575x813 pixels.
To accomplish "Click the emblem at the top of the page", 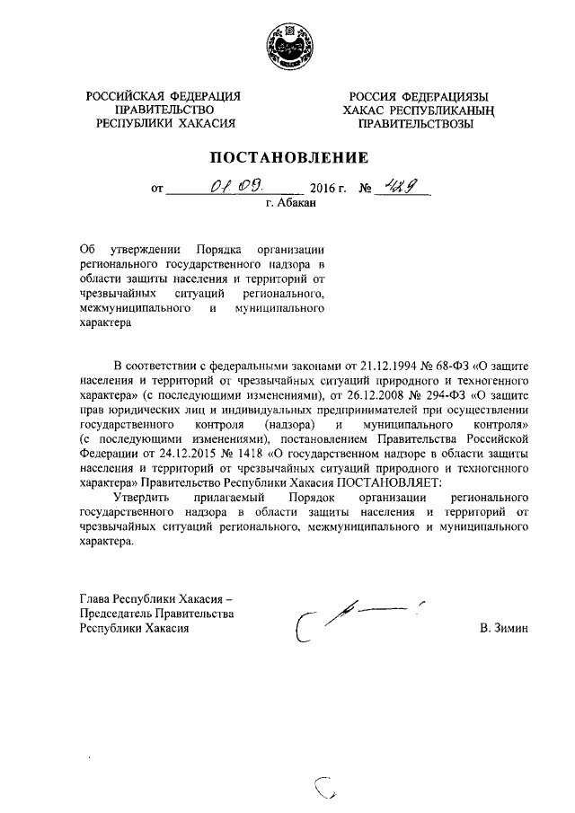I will pyautogui.click(x=287, y=47).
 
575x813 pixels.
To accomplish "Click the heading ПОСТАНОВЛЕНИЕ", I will pyautogui.click(x=287, y=158).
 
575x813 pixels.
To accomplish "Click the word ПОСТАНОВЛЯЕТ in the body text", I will pyautogui.click(x=388, y=482).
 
